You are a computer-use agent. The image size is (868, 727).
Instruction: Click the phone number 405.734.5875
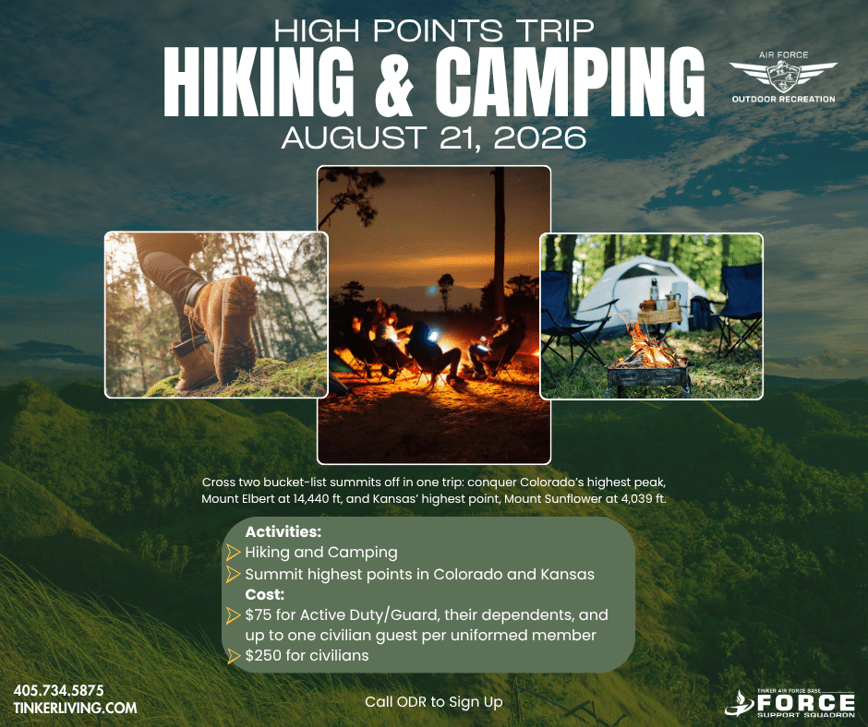point(59,690)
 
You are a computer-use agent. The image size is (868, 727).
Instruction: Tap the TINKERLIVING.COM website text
point(76,709)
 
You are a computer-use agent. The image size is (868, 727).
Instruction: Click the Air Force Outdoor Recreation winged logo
point(783,77)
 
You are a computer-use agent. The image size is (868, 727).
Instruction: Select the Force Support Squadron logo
point(790,703)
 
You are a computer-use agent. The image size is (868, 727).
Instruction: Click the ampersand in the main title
point(393,81)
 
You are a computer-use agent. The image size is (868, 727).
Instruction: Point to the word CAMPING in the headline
point(570,81)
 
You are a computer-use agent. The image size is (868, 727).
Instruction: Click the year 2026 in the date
point(540,137)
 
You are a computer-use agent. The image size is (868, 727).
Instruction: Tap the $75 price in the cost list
point(258,615)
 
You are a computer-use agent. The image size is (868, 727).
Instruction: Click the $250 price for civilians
point(263,656)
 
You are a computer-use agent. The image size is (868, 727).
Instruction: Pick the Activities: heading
point(283,531)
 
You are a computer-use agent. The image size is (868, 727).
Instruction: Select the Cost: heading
point(265,595)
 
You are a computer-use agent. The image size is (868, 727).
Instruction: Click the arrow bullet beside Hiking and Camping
point(233,552)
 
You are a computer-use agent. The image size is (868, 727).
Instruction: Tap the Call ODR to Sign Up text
point(433,702)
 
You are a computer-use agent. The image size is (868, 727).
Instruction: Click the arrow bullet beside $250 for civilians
point(233,656)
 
